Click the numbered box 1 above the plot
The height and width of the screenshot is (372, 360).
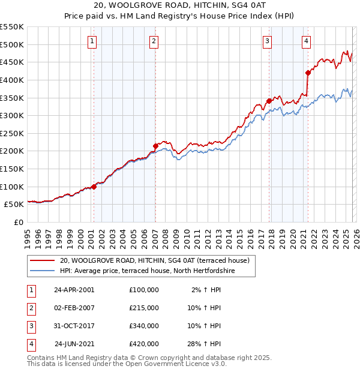pyautogui.click(x=92, y=41)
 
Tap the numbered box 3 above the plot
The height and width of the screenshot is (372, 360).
pyautogui.click(x=266, y=41)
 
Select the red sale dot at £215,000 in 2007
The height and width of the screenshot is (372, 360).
pyautogui.click(x=155, y=146)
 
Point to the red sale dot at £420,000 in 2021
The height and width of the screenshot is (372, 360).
pyautogui.click(x=308, y=73)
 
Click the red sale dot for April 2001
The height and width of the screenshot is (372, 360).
pyautogui.click(x=94, y=187)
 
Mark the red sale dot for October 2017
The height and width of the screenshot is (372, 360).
pyautogui.click(x=269, y=101)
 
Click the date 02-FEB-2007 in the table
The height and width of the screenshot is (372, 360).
pyautogui.click(x=74, y=307)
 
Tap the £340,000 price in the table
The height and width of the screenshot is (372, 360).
pyautogui.click(x=144, y=326)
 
